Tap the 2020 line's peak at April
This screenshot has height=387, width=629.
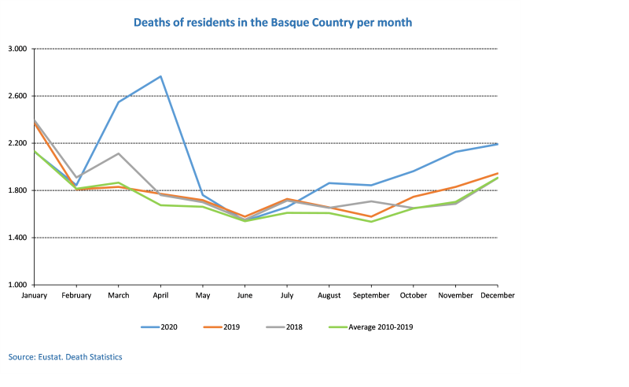point(161,76)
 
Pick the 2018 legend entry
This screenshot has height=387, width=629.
point(292,326)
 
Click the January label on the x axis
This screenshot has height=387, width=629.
point(34,296)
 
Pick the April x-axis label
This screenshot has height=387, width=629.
point(161,296)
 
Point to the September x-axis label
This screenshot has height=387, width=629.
point(371,296)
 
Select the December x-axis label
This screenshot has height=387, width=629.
point(497,296)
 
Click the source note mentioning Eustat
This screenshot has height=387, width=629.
point(65,357)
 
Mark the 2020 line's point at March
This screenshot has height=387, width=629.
point(119,101)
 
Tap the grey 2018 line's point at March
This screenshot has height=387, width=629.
point(119,153)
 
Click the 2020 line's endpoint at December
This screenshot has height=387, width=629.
point(497,144)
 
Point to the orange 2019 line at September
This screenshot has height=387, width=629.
point(371,216)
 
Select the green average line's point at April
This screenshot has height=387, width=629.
point(161,205)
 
